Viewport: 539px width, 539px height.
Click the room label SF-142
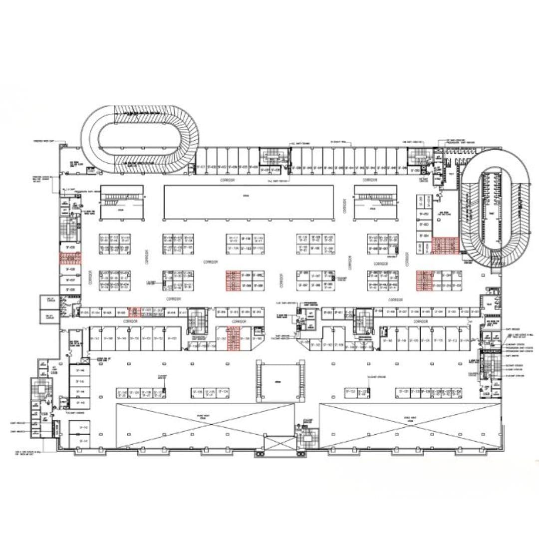(83, 428)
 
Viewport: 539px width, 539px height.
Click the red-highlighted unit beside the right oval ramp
(445, 246)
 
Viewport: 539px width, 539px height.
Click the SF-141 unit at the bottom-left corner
(83, 442)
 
